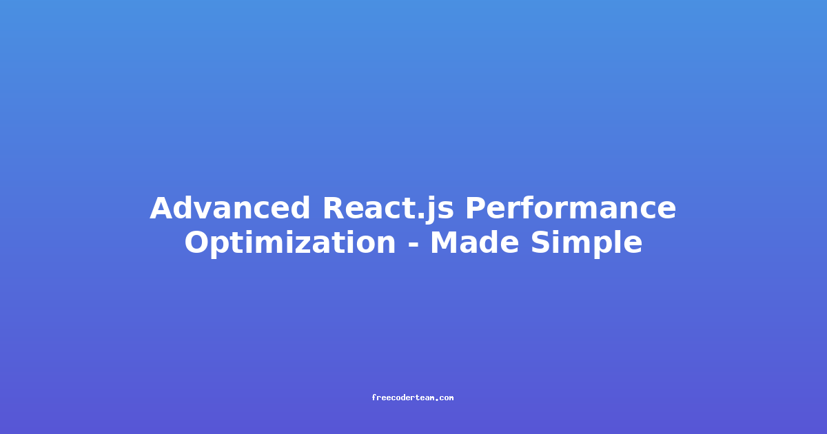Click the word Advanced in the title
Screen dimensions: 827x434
pos(229,208)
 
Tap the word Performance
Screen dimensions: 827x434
pos(571,208)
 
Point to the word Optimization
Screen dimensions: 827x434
pos(290,242)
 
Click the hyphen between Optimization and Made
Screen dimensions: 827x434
pos(413,245)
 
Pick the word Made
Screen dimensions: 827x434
pos(474,242)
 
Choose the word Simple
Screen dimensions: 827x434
pos(586,242)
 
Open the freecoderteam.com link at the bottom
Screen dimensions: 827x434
pos(412,398)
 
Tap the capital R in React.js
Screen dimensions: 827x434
pos(335,209)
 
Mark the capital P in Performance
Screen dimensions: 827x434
pos(477,209)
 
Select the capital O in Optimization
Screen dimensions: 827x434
pos(198,242)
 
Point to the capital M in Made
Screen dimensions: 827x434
pos(445,242)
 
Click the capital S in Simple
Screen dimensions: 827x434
pos(542,242)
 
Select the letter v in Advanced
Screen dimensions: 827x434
pos(205,211)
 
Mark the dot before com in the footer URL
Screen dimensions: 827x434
pos(437,400)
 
